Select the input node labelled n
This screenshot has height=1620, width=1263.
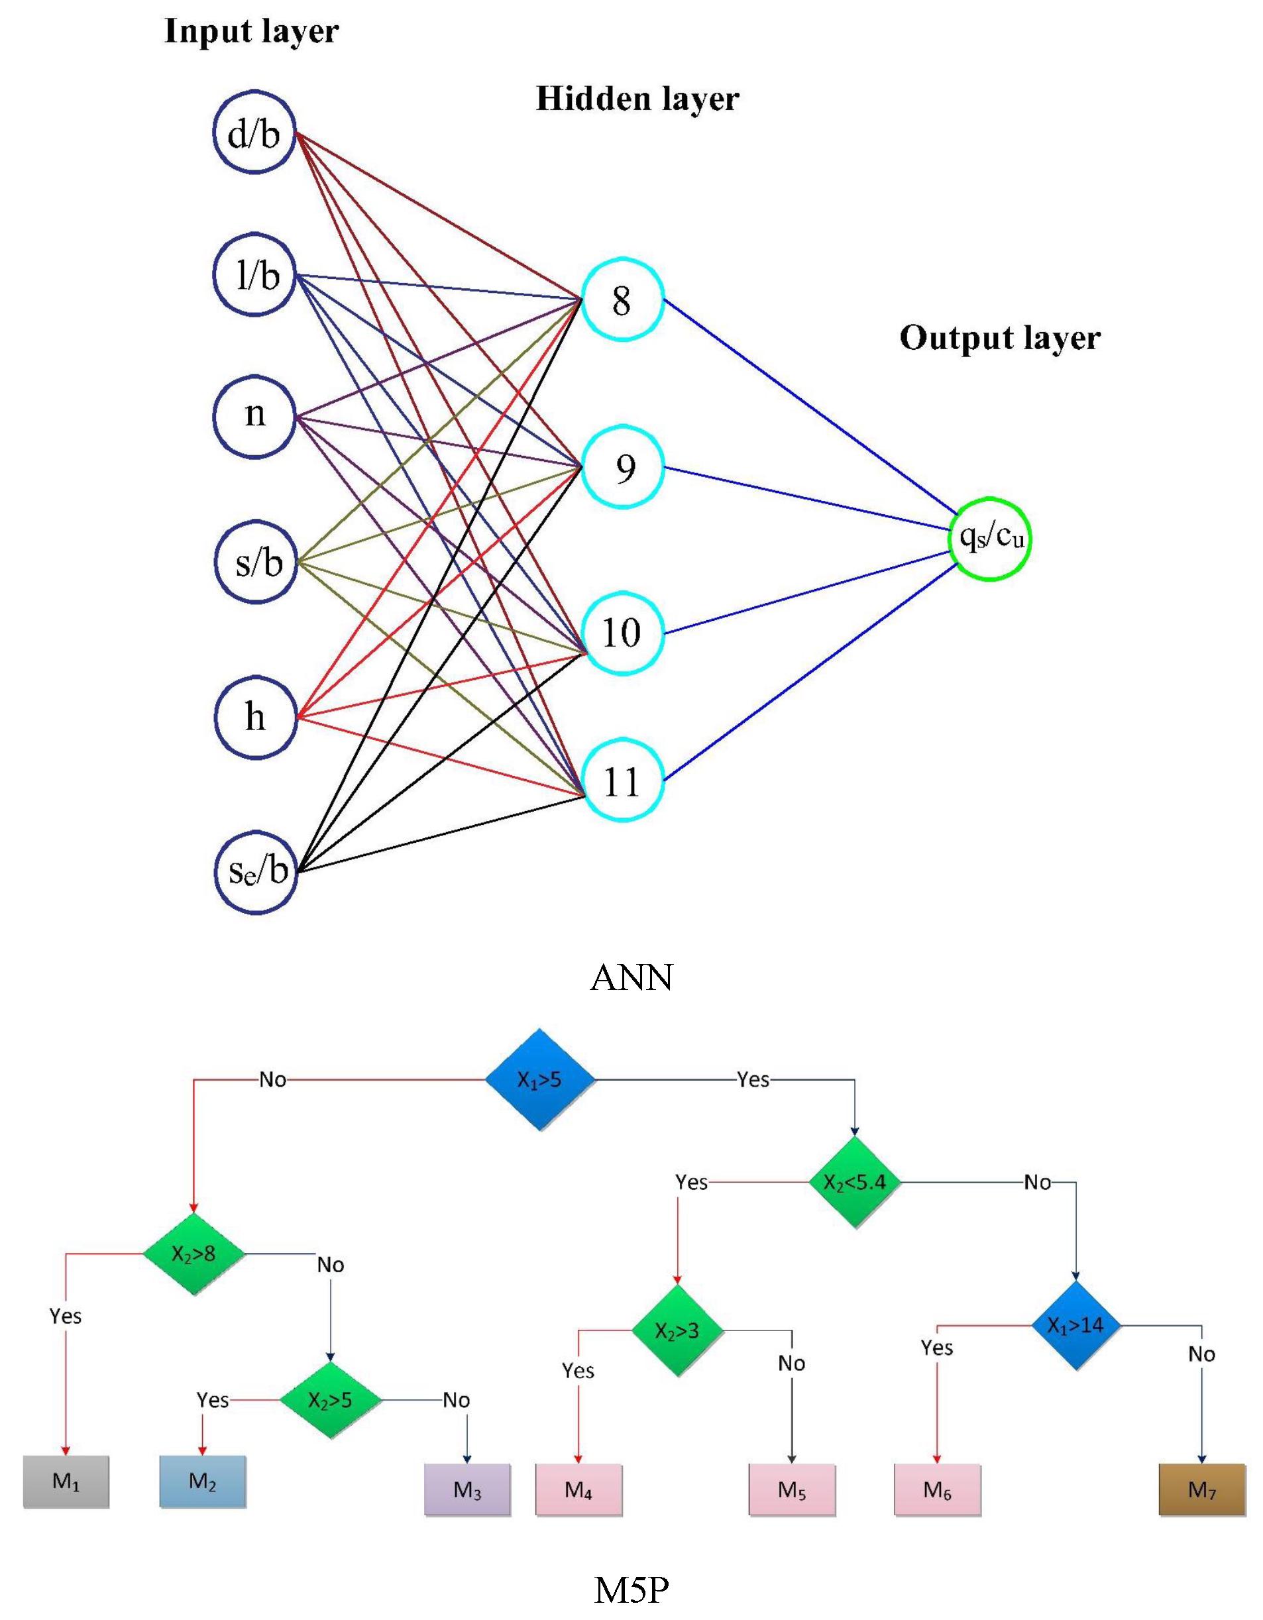point(255,416)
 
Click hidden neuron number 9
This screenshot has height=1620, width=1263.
point(622,467)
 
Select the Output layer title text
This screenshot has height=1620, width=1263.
point(1000,337)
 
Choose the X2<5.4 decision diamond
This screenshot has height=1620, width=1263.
point(854,1181)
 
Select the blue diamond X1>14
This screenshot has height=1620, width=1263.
point(1076,1326)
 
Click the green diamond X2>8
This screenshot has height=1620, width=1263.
point(193,1254)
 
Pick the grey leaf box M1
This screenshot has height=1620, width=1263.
point(66,1482)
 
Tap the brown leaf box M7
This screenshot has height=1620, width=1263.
point(1201,1489)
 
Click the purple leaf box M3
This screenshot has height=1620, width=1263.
point(467,1489)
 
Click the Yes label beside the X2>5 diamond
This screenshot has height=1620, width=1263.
point(213,1400)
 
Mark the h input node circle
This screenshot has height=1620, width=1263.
point(255,718)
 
